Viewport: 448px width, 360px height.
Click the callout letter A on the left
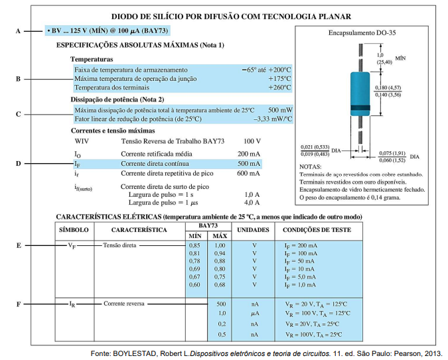18,31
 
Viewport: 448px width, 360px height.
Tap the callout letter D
18,163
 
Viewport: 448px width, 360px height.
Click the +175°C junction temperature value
279,78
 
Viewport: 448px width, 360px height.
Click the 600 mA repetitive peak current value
249,173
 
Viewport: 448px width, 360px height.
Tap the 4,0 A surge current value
252,202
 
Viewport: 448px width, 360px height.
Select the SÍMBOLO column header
74,230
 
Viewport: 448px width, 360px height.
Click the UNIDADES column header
253,230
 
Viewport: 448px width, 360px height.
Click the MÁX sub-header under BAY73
219,236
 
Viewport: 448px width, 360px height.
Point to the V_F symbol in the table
72,245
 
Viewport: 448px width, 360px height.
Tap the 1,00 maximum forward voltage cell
219,245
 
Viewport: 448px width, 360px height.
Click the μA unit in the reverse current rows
254,312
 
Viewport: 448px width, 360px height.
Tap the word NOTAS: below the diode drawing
311,166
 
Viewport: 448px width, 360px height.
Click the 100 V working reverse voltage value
252,141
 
